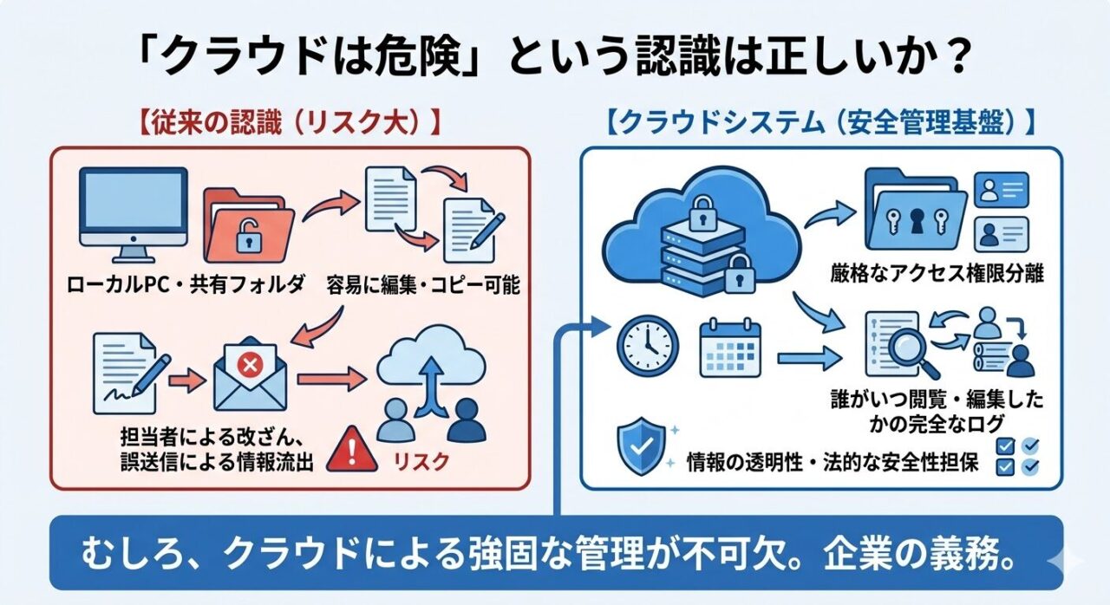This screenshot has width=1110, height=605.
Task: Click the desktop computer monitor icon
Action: [x=133, y=211]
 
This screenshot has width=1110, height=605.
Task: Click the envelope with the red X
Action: [x=250, y=373]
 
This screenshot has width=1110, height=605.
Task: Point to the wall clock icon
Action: [x=647, y=346]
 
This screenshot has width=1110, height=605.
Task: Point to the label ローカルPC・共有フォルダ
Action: [x=186, y=283]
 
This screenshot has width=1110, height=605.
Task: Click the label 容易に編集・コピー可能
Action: [x=423, y=283]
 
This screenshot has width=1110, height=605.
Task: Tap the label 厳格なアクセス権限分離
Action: [x=936, y=274]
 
